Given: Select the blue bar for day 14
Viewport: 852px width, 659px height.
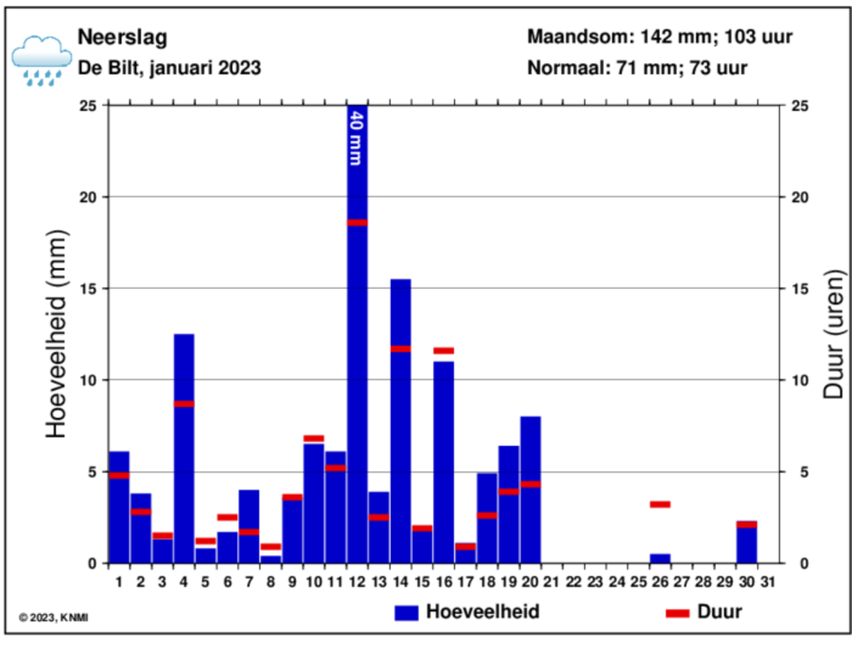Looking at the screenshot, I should [x=400, y=434].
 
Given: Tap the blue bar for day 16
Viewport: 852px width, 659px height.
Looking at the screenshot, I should [x=444, y=468].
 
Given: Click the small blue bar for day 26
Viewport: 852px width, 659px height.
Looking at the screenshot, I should [x=660, y=558].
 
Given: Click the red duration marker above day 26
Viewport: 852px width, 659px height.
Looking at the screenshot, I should [x=660, y=504].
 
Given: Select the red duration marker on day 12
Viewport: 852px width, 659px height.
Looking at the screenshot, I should [x=357, y=223].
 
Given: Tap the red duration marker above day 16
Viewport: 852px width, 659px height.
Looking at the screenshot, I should [x=444, y=350].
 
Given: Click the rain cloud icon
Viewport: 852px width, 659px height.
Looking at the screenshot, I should [x=41, y=59].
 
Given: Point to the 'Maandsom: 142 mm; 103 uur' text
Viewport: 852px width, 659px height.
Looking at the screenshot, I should [x=660, y=38].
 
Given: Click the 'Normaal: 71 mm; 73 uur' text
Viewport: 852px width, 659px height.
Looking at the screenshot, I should [x=638, y=68].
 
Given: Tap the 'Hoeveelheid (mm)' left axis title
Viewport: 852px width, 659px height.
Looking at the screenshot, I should [x=56, y=334].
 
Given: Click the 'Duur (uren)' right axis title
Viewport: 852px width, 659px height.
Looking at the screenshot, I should [x=833, y=334].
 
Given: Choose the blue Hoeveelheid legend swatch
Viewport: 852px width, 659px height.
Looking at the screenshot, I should [x=406, y=612].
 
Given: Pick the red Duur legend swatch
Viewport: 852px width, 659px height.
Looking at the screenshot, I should [x=678, y=613].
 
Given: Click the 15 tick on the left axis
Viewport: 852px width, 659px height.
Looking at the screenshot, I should [x=89, y=289].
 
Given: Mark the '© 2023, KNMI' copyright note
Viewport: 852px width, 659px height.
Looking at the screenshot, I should [x=54, y=617].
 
